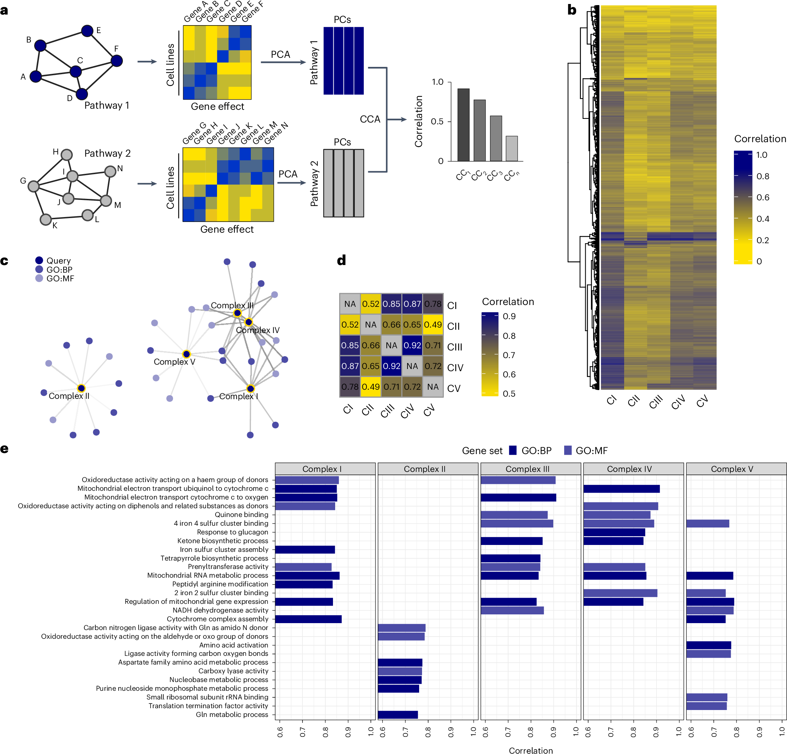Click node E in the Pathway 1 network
click(x=87, y=31)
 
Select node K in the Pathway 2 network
click(x=46, y=219)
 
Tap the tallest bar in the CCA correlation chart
click(x=463, y=125)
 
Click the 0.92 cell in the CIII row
click(x=412, y=345)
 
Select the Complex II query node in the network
click(x=81, y=388)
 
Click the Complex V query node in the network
click(x=186, y=354)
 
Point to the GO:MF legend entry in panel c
click(x=39, y=278)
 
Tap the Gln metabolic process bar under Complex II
click(x=398, y=715)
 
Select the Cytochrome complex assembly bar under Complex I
click(x=308, y=619)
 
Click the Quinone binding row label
click(x=241, y=515)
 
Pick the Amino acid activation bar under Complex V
click(x=708, y=645)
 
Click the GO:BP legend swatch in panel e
click(x=512, y=450)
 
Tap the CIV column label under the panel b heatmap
click(x=678, y=401)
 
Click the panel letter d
click(x=341, y=261)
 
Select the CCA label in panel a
click(x=370, y=119)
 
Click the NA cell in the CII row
click(x=371, y=325)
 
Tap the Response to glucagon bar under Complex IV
click(x=614, y=532)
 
